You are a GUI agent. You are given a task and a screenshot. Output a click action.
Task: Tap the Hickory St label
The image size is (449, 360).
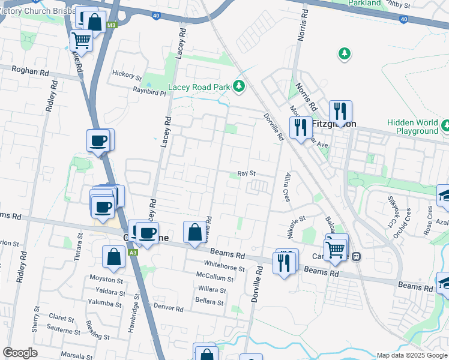click(126, 77)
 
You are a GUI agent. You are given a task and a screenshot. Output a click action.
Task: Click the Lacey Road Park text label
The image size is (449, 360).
click(199, 87)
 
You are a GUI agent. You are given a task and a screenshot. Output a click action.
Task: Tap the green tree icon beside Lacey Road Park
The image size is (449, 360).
click(240, 87)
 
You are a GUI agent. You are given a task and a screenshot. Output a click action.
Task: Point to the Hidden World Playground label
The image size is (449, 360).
click(412, 127)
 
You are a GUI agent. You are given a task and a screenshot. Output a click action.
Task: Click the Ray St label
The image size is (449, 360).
click(247, 173)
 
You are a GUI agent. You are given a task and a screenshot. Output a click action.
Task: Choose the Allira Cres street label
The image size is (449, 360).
click(288, 187)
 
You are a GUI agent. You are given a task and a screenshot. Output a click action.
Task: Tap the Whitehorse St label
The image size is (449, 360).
click(224, 264)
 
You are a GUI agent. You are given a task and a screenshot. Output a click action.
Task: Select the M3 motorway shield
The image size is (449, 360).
click(112, 25)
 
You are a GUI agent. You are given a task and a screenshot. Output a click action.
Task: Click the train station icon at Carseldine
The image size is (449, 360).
click(356, 256)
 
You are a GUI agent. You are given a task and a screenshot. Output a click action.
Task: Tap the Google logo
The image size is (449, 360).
click(20, 353)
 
